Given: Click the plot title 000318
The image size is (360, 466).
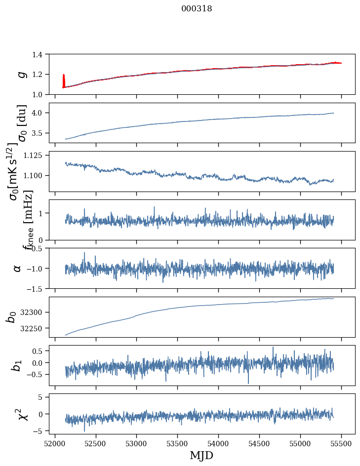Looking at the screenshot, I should click(197, 9).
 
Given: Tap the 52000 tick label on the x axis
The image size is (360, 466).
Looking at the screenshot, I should click(55, 443).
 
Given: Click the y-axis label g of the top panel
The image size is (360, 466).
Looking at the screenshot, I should click(21, 74).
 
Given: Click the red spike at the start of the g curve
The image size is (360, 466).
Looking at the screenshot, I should click(64, 80).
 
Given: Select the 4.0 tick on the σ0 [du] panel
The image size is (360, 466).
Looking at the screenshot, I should click(40, 113).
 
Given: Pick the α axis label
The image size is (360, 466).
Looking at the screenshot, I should click(17, 268).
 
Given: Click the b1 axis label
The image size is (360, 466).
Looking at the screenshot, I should click(17, 365).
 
